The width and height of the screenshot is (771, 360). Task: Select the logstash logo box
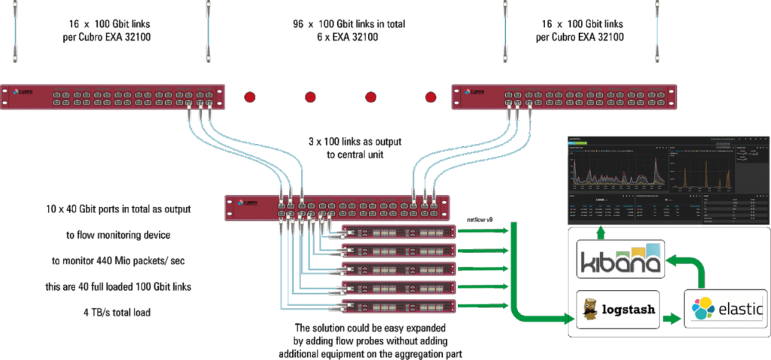click(617, 309)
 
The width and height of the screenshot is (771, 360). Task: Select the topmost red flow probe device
click(399, 232)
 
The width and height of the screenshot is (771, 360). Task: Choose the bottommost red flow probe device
click(399, 306)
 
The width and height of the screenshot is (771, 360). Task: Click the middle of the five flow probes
click(399, 269)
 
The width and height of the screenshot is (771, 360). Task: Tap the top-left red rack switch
click(112, 96)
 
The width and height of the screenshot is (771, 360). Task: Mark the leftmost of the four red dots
click(250, 96)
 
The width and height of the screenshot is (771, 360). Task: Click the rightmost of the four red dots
click(431, 96)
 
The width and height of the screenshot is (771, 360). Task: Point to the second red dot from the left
click(310, 96)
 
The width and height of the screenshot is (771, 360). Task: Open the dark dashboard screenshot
click(666, 178)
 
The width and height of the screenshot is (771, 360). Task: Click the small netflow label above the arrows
click(479, 218)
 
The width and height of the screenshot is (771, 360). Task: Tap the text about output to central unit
click(346, 148)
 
